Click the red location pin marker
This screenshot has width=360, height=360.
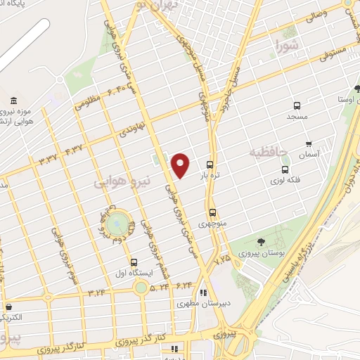click(x=181, y=165)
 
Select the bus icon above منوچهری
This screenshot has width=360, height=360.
click(x=212, y=212)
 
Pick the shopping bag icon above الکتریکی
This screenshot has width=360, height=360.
click(x=9, y=307)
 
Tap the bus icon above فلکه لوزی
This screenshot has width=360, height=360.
click(x=285, y=169)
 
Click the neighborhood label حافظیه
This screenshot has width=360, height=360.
click(x=266, y=150)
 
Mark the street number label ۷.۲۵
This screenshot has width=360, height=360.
click(x=222, y=259)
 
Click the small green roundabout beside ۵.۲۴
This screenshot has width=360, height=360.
click(x=141, y=286)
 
